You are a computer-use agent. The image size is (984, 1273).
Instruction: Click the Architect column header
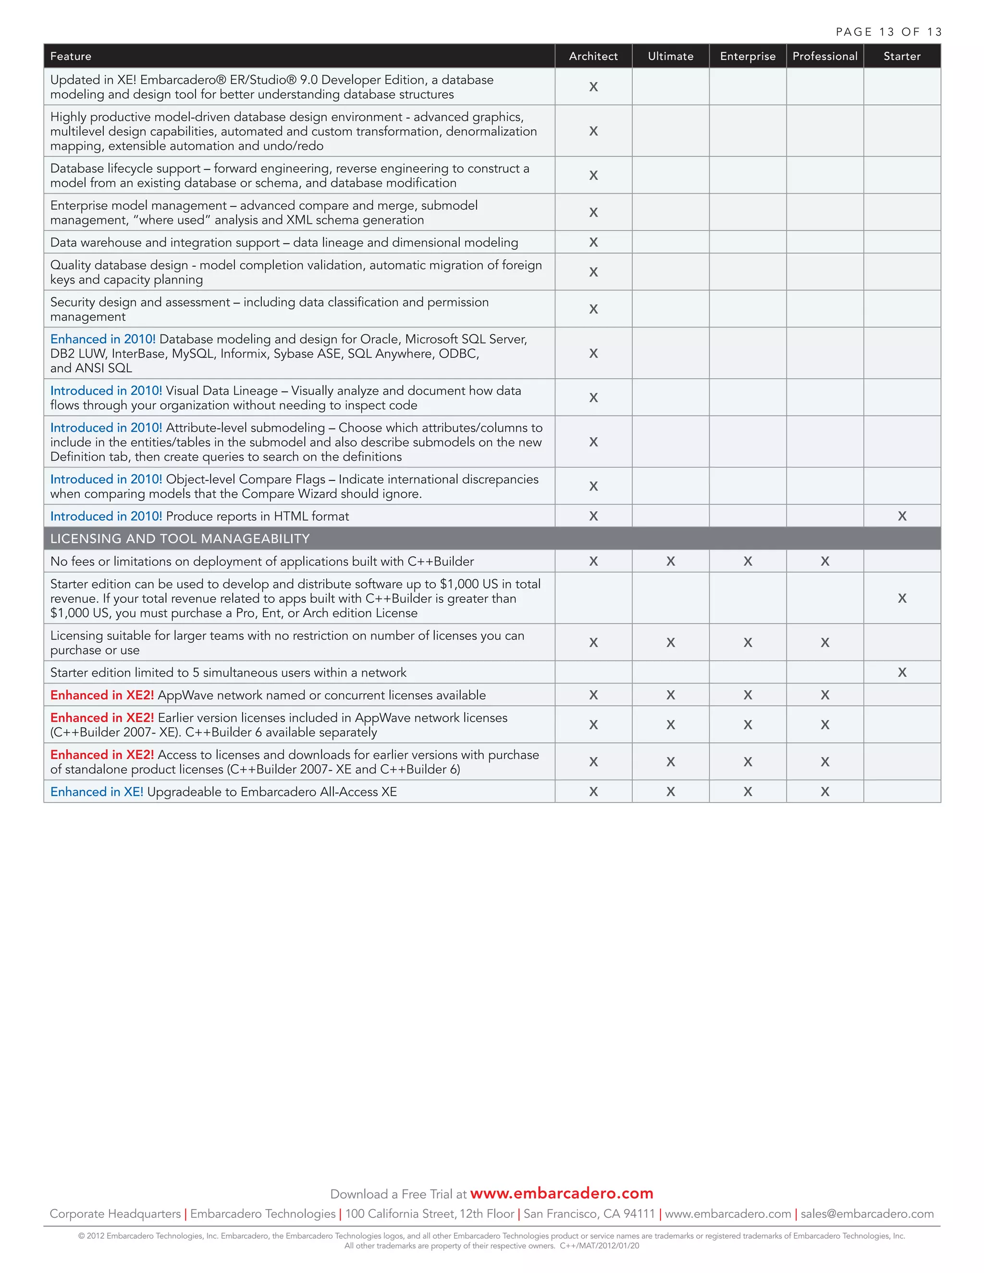pyautogui.click(x=593, y=56)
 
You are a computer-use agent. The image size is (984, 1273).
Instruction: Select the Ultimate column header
pyautogui.click(x=670, y=56)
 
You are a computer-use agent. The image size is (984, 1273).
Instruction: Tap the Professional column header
pyautogui.click(x=824, y=56)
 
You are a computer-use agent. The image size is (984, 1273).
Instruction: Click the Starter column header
pyautogui.click(x=901, y=56)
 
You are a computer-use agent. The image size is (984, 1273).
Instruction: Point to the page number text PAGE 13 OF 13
pyautogui.click(x=888, y=32)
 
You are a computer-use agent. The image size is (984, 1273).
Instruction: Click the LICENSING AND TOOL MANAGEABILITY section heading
pyautogui.click(x=180, y=539)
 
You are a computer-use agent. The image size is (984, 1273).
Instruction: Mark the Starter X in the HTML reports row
pyautogui.click(x=902, y=516)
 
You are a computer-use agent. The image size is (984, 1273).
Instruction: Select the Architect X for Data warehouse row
pyautogui.click(x=593, y=242)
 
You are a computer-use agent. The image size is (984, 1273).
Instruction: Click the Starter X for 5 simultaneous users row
pyautogui.click(x=902, y=672)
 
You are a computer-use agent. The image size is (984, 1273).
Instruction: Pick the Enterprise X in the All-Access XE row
pyautogui.click(x=747, y=792)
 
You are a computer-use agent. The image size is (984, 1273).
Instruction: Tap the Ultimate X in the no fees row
pyautogui.click(x=670, y=561)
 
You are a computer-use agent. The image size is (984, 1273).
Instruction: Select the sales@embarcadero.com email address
pyautogui.click(x=867, y=1213)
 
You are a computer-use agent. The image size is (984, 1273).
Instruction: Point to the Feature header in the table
pyautogui.click(x=71, y=56)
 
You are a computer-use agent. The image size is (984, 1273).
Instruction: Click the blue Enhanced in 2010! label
pyautogui.click(x=103, y=339)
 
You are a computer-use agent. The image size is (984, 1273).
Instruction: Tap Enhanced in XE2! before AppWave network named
pyautogui.click(x=102, y=695)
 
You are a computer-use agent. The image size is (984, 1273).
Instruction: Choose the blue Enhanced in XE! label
pyautogui.click(x=97, y=792)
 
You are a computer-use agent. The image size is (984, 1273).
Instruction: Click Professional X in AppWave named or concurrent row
pyautogui.click(x=824, y=695)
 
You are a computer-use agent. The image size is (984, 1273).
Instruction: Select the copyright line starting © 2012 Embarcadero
pyautogui.click(x=492, y=1236)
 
